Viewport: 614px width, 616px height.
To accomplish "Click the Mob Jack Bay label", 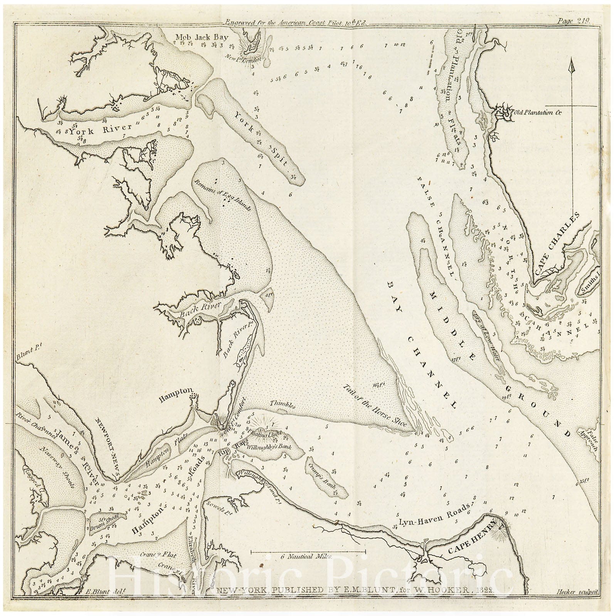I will click(x=202, y=38).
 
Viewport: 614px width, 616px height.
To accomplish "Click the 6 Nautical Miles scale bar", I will click(x=308, y=552).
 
